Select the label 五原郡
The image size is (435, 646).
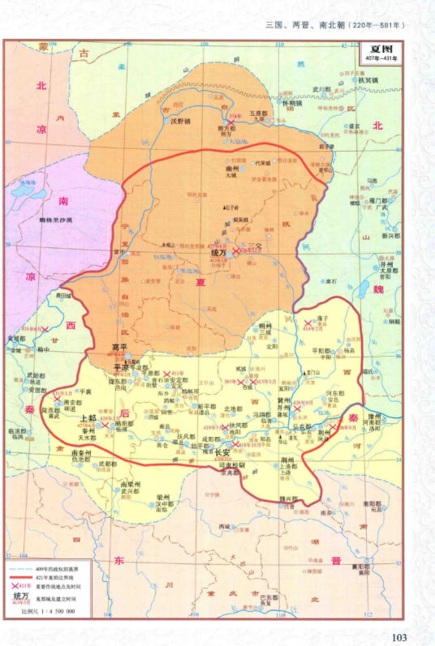click(258, 113)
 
